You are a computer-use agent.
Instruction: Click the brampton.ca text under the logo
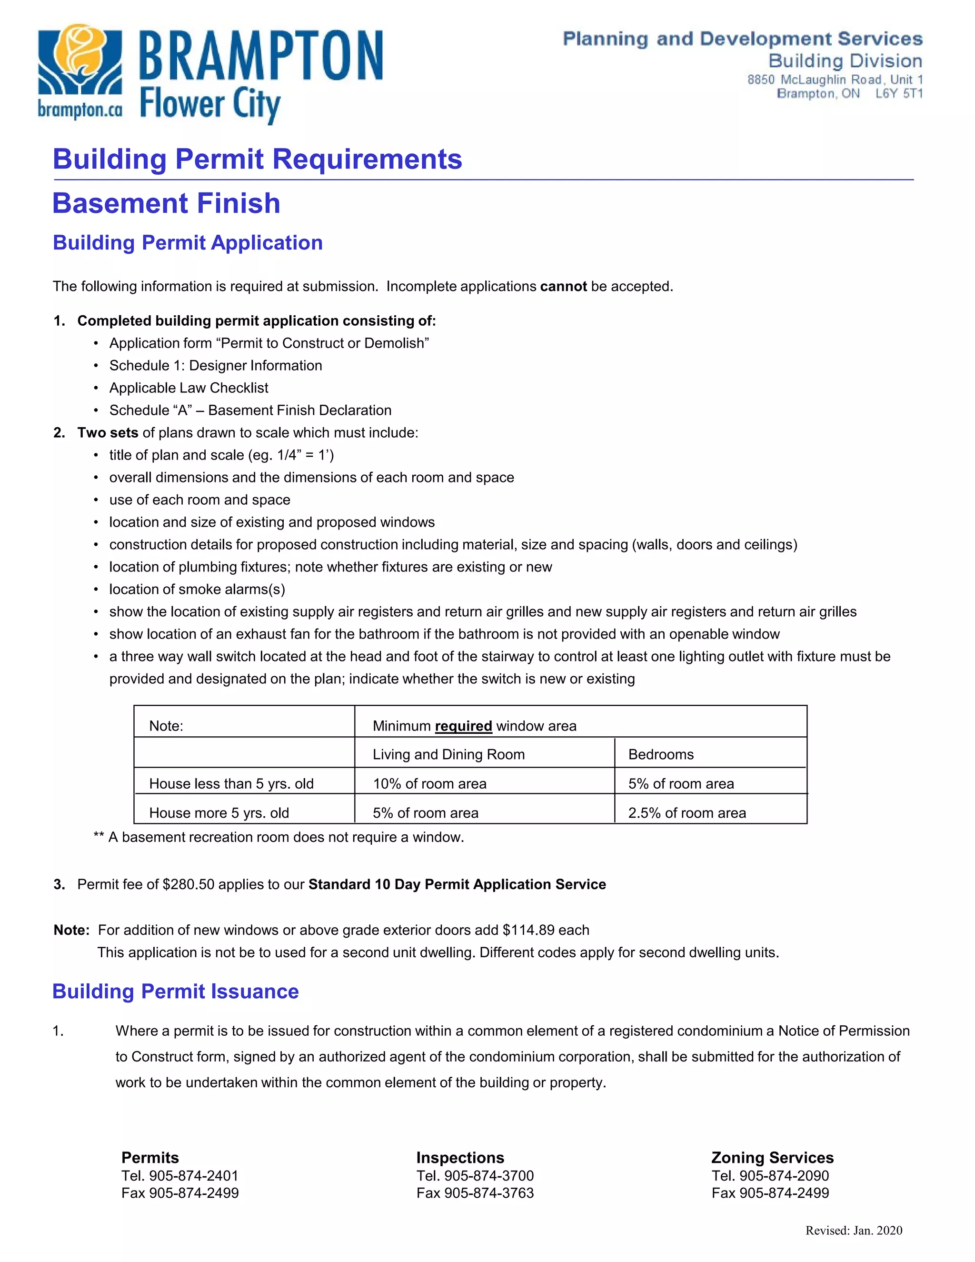[x=80, y=109]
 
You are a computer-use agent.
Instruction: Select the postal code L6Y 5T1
[x=899, y=94]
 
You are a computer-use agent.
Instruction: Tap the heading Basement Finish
[x=166, y=203]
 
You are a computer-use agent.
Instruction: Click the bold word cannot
[x=563, y=287]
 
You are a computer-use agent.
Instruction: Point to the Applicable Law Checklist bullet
[x=189, y=388]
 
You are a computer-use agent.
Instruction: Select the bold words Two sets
[x=108, y=433]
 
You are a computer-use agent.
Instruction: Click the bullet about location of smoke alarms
[x=197, y=590]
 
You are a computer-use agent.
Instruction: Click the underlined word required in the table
[x=463, y=726]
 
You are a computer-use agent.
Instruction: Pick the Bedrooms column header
[x=661, y=755]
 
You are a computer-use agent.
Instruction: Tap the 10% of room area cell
[x=430, y=784]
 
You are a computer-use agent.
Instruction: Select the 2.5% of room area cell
[x=687, y=813]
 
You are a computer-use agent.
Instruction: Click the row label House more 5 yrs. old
[x=219, y=813]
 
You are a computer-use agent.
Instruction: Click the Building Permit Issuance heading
[x=176, y=992]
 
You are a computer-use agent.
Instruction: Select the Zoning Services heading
[x=772, y=1158]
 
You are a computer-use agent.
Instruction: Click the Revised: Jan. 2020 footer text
[x=854, y=1231]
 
